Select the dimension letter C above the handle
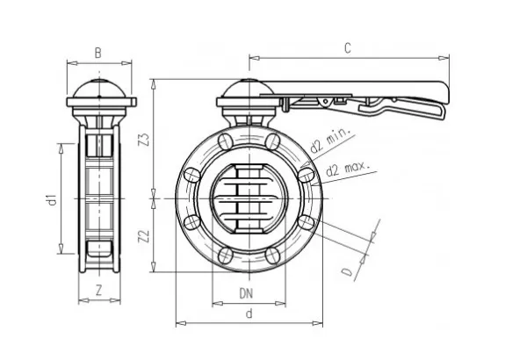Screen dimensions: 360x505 [348, 49]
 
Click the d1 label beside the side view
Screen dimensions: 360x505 [51, 201]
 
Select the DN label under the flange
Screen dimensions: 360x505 [249, 292]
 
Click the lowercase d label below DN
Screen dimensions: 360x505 [249, 313]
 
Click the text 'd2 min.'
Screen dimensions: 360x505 [333, 138]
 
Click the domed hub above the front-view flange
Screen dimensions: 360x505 [249, 91]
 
